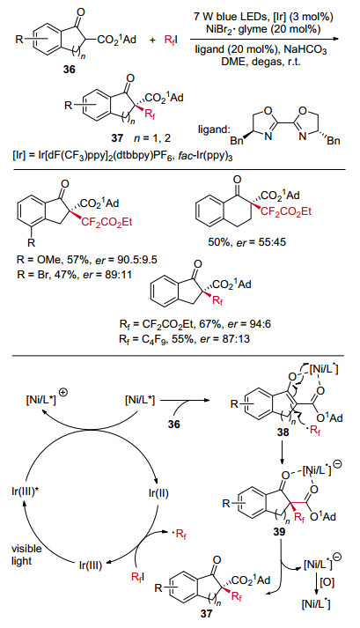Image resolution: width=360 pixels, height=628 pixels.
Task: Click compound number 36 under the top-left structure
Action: tap(69, 70)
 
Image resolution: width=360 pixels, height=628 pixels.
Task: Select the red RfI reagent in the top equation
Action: tap(172, 40)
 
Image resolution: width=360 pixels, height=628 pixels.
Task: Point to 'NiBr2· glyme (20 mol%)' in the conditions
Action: tap(263, 28)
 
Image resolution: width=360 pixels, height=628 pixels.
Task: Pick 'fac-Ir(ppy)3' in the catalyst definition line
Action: tap(210, 156)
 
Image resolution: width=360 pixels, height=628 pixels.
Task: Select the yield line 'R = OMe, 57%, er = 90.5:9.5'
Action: tap(84, 260)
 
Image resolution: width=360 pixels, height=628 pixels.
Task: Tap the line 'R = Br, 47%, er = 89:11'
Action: tap(71, 274)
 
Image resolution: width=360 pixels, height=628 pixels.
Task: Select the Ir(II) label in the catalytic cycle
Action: tap(158, 492)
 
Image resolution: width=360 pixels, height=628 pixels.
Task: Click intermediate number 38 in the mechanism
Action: tap(283, 432)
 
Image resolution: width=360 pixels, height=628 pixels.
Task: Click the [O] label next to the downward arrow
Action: tap(327, 582)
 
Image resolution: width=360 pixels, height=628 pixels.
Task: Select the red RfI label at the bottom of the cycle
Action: tap(138, 577)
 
